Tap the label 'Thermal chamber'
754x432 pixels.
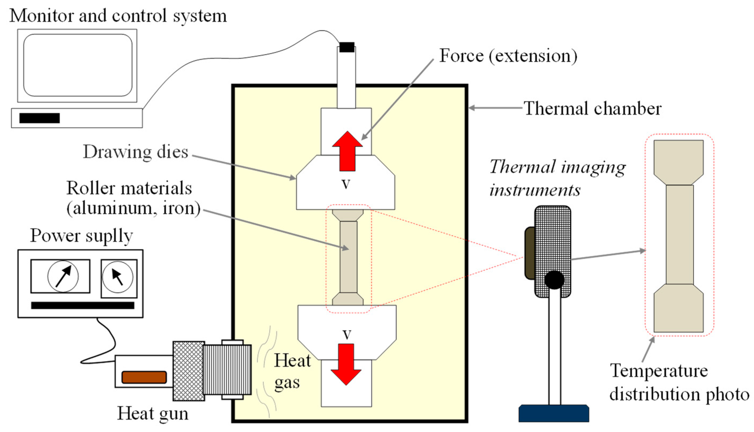pyautogui.click(x=593, y=108)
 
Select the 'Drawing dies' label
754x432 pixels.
pyautogui.click(x=135, y=152)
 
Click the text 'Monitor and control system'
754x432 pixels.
pyautogui.click(x=118, y=15)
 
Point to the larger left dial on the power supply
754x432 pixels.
pyautogui.click(x=63, y=276)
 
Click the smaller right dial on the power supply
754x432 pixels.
pyautogui.click(x=118, y=277)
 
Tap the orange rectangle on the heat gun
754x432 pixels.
pyautogui.click(x=144, y=377)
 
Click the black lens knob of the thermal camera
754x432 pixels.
pyautogui.click(x=554, y=280)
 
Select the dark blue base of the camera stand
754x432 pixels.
pyautogui.click(x=554, y=413)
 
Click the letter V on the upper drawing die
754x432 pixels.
pyautogui.click(x=346, y=185)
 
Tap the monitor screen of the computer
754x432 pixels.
pyautogui.click(x=78, y=65)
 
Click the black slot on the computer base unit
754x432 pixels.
pyautogui.click(x=39, y=118)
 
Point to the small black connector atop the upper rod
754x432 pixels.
pyautogui.click(x=347, y=47)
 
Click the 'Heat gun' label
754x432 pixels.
pyautogui.click(x=153, y=413)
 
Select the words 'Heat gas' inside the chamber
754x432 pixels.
pyautogui.click(x=292, y=371)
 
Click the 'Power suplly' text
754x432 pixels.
pyautogui.click(x=81, y=236)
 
